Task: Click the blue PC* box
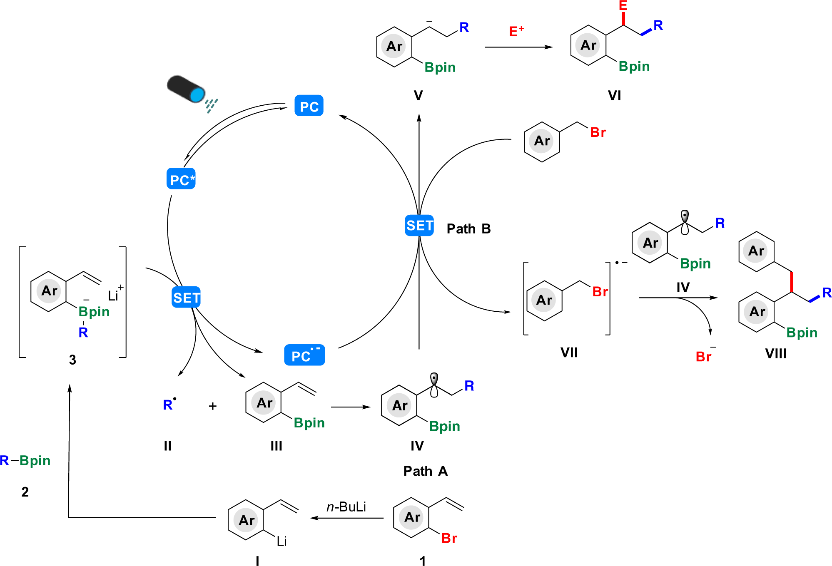click(x=181, y=179)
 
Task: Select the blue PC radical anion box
click(x=304, y=355)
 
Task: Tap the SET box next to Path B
click(x=419, y=225)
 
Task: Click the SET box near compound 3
click(x=186, y=298)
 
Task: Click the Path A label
click(x=425, y=471)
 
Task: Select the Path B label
click(x=468, y=228)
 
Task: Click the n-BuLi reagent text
click(x=346, y=507)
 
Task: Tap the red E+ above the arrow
click(x=516, y=31)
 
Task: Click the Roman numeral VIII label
click(x=776, y=353)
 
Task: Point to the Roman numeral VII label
click(x=569, y=353)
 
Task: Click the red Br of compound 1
click(x=449, y=538)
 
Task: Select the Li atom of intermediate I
click(x=281, y=541)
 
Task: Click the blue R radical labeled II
click(x=169, y=405)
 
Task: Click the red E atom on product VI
click(x=623, y=5)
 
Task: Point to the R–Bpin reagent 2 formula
click(x=25, y=460)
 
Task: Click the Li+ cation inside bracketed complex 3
click(x=115, y=295)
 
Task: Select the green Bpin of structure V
click(x=440, y=67)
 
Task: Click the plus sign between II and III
click(x=212, y=406)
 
